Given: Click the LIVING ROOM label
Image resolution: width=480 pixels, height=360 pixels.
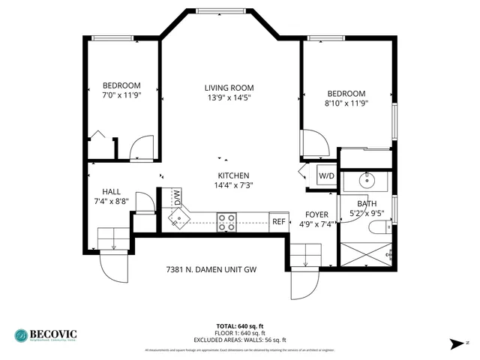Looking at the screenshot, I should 229,88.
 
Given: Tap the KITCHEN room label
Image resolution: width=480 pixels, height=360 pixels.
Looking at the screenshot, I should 232,175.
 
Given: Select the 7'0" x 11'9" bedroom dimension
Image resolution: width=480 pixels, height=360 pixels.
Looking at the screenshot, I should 121,95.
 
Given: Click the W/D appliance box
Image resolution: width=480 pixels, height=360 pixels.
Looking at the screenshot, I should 326,177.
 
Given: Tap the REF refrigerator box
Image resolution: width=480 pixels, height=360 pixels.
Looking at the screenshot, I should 278,221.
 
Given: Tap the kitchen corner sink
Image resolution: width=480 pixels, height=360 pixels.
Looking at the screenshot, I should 178,218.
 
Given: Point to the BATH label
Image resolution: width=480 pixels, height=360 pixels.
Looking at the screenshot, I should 367,204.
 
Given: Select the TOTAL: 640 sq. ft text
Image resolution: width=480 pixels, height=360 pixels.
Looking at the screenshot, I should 240,326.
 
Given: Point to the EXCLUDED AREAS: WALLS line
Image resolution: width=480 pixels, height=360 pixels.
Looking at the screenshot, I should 240,338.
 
